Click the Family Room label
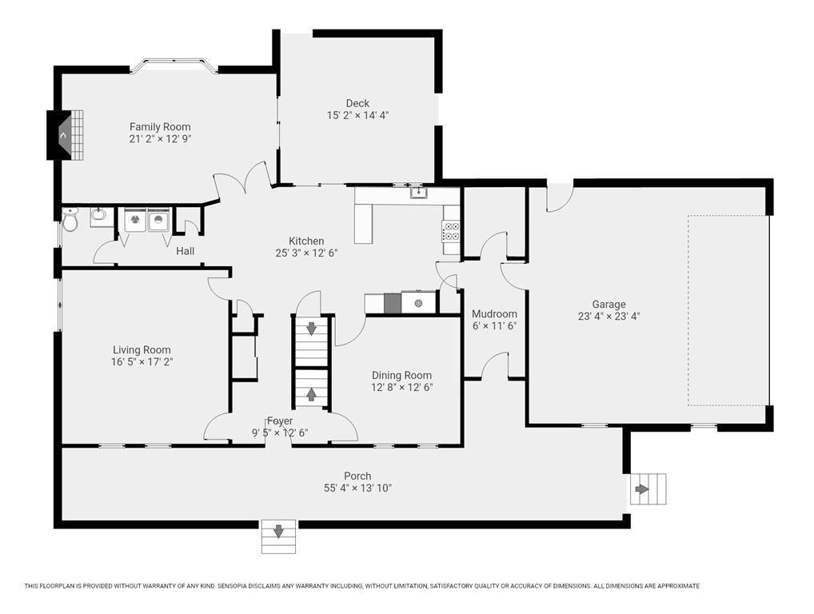(x=160, y=126)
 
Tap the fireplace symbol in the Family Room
(x=66, y=136)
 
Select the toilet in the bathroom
(x=70, y=220)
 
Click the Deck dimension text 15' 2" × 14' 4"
(x=357, y=115)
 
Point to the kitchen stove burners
(x=450, y=232)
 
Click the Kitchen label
(x=306, y=241)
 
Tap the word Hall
(x=186, y=251)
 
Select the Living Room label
(x=142, y=350)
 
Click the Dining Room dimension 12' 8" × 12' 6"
(x=402, y=387)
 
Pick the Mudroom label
(x=494, y=314)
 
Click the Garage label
(x=609, y=304)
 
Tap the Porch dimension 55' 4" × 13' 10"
(x=357, y=488)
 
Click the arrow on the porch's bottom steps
(x=278, y=531)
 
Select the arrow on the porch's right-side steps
(x=642, y=489)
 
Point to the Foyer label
(x=280, y=421)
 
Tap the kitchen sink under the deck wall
(x=418, y=193)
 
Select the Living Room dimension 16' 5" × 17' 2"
(x=142, y=361)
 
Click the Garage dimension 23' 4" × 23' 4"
(x=609, y=316)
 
